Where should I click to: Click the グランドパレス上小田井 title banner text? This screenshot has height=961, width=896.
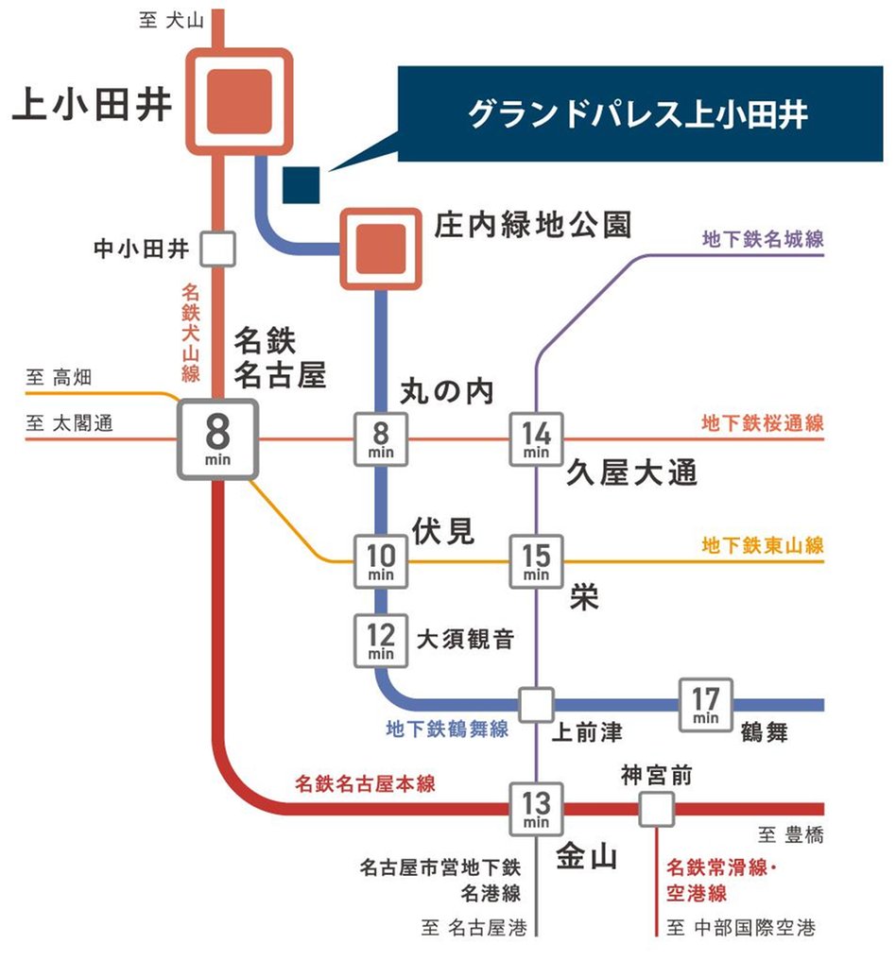pos(638,116)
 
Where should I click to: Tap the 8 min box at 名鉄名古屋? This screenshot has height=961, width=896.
pos(217,439)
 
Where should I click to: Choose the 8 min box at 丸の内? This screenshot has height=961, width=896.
pos(381,439)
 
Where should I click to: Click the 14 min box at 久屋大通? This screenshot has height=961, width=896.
pos(536,439)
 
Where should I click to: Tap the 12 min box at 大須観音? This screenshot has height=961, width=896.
pos(381,641)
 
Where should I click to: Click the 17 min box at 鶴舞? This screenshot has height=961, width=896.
pos(706,705)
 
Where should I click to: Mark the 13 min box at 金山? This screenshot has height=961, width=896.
pos(536,809)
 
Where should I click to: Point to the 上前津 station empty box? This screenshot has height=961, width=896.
pos(536,705)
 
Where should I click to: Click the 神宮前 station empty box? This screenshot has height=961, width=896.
pos(656,809)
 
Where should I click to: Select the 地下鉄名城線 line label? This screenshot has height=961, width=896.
pos(763,240)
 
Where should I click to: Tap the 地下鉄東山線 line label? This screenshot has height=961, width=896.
pos(763,545)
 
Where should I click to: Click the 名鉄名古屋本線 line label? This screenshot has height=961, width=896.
pos(365,783)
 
